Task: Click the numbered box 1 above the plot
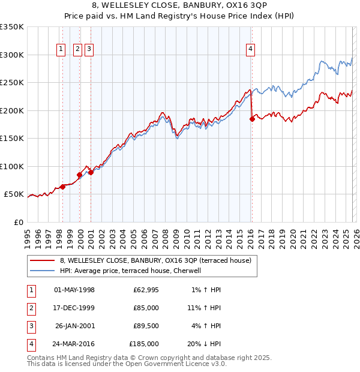click(62, 50)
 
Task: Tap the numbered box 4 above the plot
click(250, 50)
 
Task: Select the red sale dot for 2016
click(252, 119)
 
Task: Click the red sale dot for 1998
click(62, 187)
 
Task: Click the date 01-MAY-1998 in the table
click(74, 290)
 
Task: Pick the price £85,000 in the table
click(146, 307)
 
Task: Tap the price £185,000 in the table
click(144, 344)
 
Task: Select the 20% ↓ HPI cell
click(205, 344)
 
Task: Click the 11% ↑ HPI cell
click(205, 307)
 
